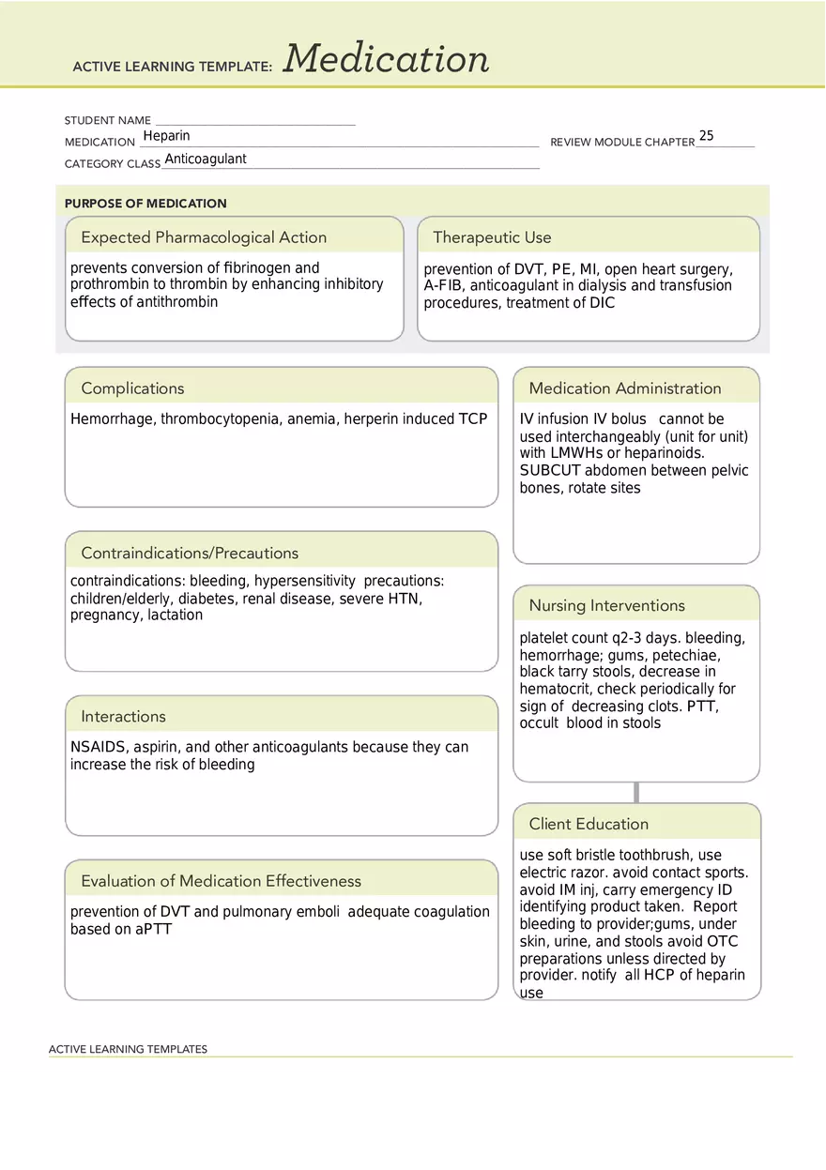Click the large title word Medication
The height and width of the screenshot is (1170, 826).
coord(386,59)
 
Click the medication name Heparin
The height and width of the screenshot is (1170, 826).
coord(166,136)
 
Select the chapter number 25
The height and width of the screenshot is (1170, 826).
coord(706,136)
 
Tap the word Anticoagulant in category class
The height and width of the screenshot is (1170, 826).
coord(206,159)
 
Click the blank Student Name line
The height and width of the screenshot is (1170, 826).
coord(254,121)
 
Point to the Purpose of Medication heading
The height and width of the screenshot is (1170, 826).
coord(145,203)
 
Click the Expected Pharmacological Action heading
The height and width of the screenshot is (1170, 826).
coord(204,237)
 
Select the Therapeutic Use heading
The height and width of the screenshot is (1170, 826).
coord(492,237)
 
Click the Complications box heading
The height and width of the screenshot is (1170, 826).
coord(132,388)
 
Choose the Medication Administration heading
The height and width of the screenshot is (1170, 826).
coord(625,388)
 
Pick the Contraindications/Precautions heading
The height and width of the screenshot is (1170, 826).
coord(190,553)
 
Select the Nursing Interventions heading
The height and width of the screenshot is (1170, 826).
coord(606,605)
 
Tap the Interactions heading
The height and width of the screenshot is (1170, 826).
coord(123,717)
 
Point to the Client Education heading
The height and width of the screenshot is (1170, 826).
coord(589,824)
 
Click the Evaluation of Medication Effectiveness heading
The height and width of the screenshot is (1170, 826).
coord(221,881)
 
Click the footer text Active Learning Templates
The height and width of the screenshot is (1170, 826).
coord(128,1049)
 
